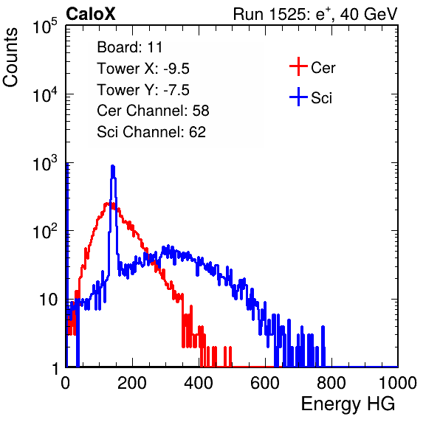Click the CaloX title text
[91, 14]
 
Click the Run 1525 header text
[315, 14]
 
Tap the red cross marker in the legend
[298, 66]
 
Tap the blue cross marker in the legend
[298, 97]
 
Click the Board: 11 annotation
[130, 47]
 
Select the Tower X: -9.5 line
[143, 69]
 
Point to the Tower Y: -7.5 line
[143, 90]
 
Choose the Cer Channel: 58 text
[153, 111]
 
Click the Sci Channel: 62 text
[151, 132]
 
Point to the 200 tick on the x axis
[132, 383]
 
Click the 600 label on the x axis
[265, 383]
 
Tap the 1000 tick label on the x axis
[398, 383]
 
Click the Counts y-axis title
[10, 58]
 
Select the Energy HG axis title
[348, 404]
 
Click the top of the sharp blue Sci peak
[113, 166]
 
